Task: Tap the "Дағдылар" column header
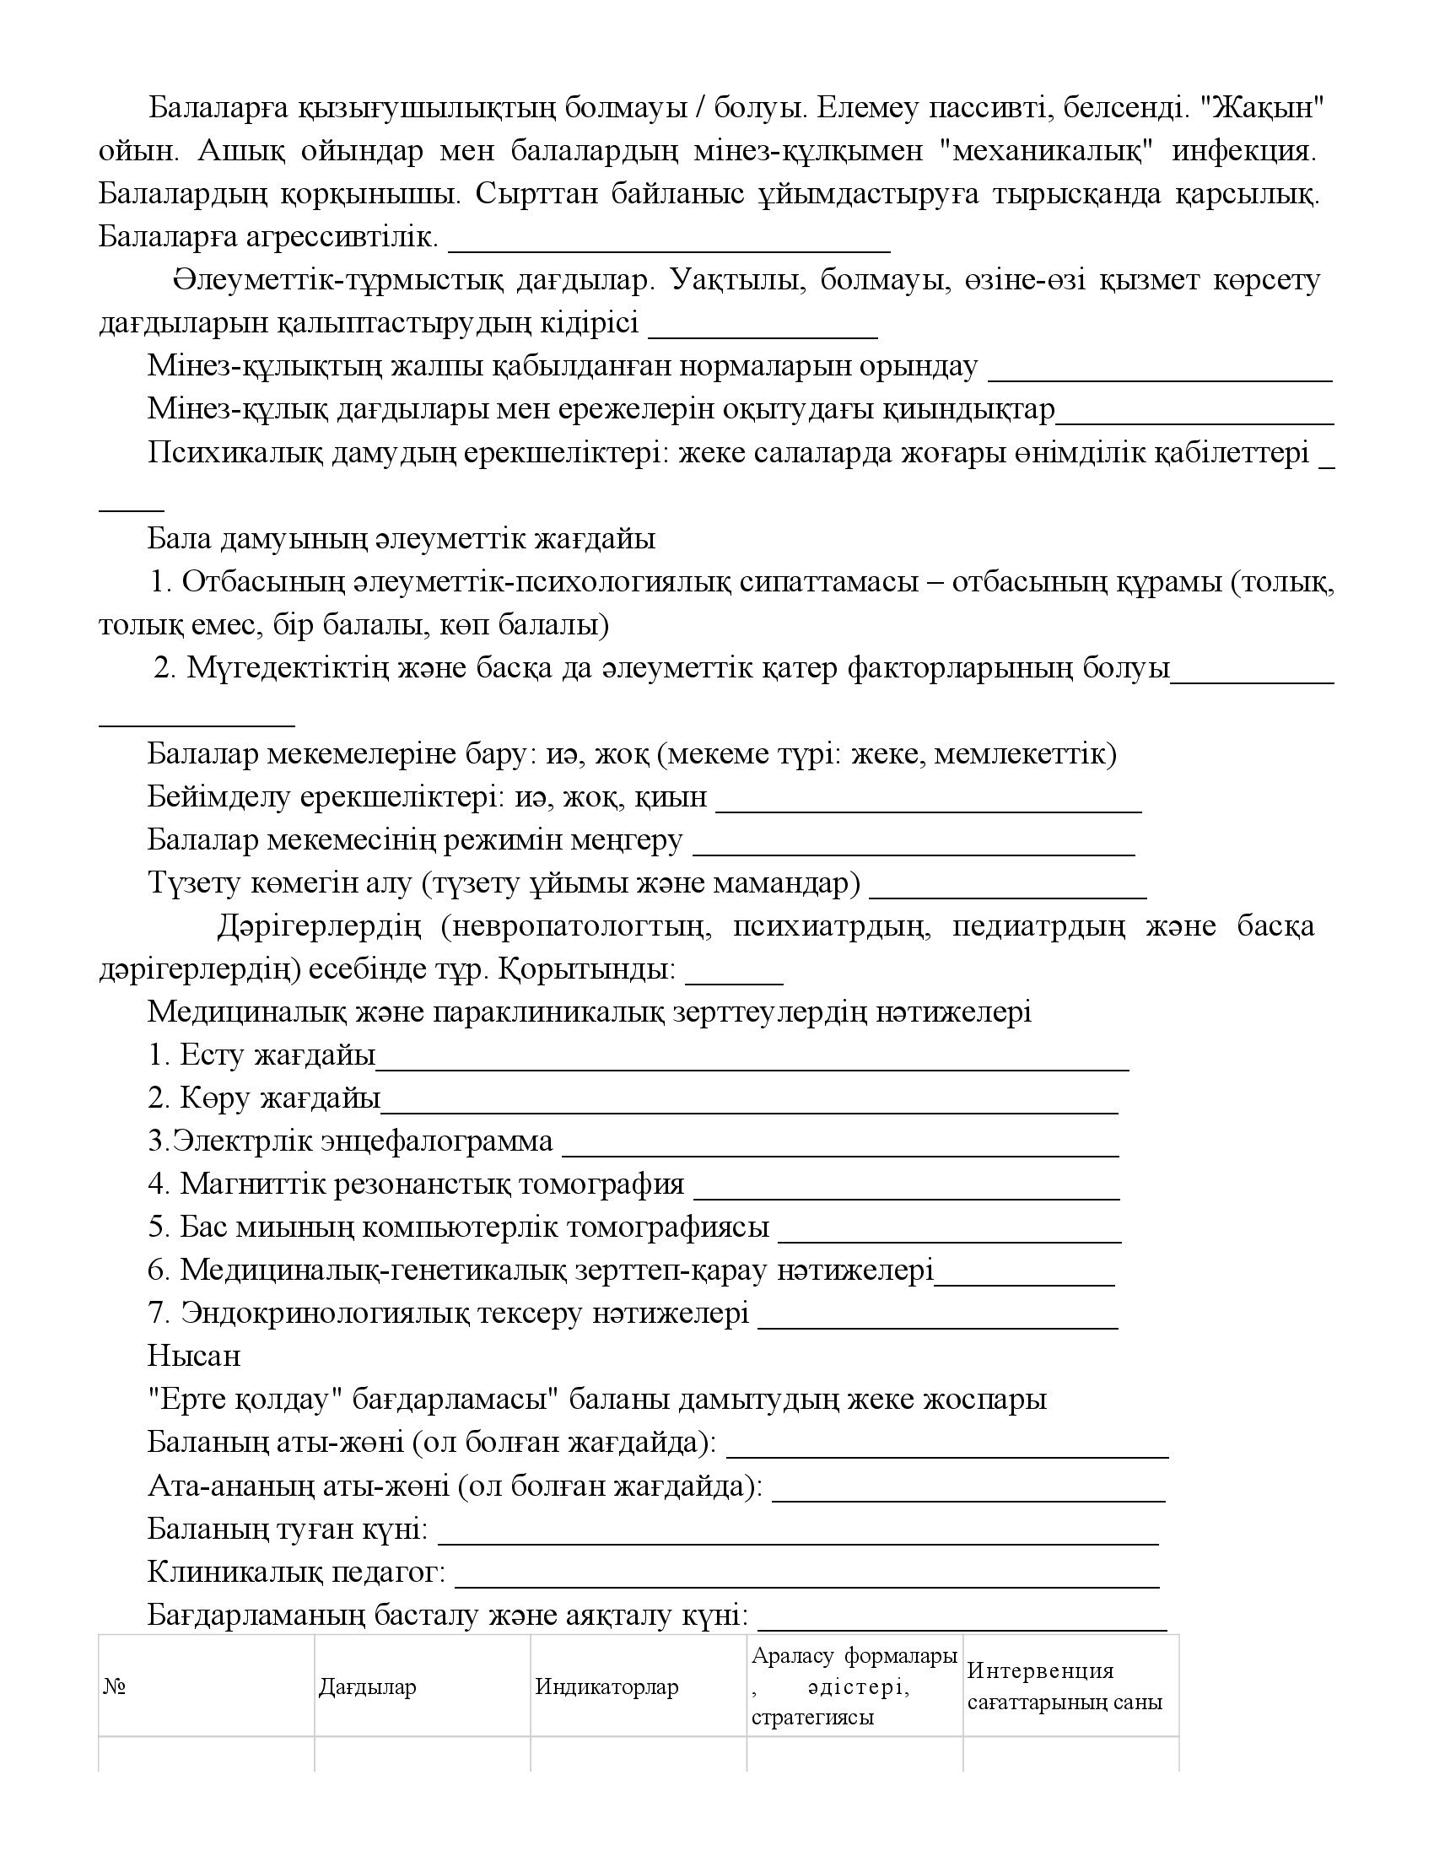click(367, 1687)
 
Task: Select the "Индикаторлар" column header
click(606, 1687)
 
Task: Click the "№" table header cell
click(115, 1687)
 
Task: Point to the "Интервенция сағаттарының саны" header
click(1065, 1687)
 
